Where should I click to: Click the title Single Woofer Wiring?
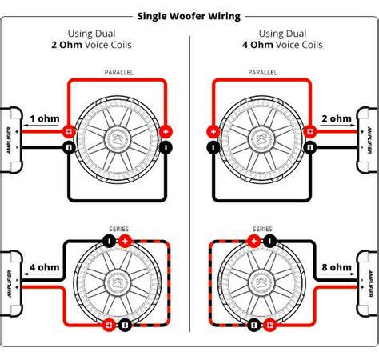[x=189, y=15]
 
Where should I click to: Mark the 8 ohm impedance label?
[x=335, y=266]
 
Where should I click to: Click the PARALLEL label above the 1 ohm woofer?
[x=118, y=72]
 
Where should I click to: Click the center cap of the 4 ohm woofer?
[x=118, y=283]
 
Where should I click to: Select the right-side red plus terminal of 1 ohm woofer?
[x=166, y=131]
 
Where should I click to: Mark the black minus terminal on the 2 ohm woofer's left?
[x=213, y=148]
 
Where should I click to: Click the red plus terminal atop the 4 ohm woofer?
[x=124, y=240]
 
